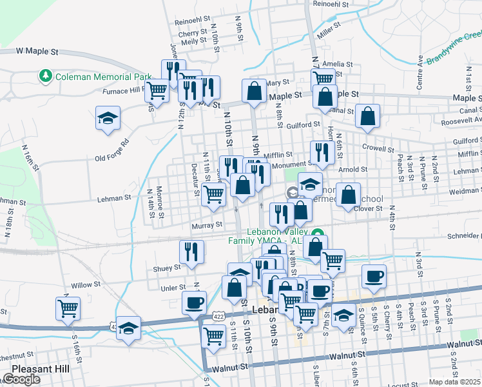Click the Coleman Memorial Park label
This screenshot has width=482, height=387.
pos(104,77)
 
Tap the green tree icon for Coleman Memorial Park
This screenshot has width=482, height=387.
pos(46,77)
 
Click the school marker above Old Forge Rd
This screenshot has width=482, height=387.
pos(108,119)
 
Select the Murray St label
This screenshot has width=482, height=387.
pos(206,225)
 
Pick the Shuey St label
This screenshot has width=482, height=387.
pos(167,268)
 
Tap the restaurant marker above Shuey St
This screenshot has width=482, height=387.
pos(191,252)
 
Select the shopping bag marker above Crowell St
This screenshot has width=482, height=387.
pos(367,117)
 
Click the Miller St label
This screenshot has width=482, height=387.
pos(328,30)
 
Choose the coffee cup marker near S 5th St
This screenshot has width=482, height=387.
pos(374,277)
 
